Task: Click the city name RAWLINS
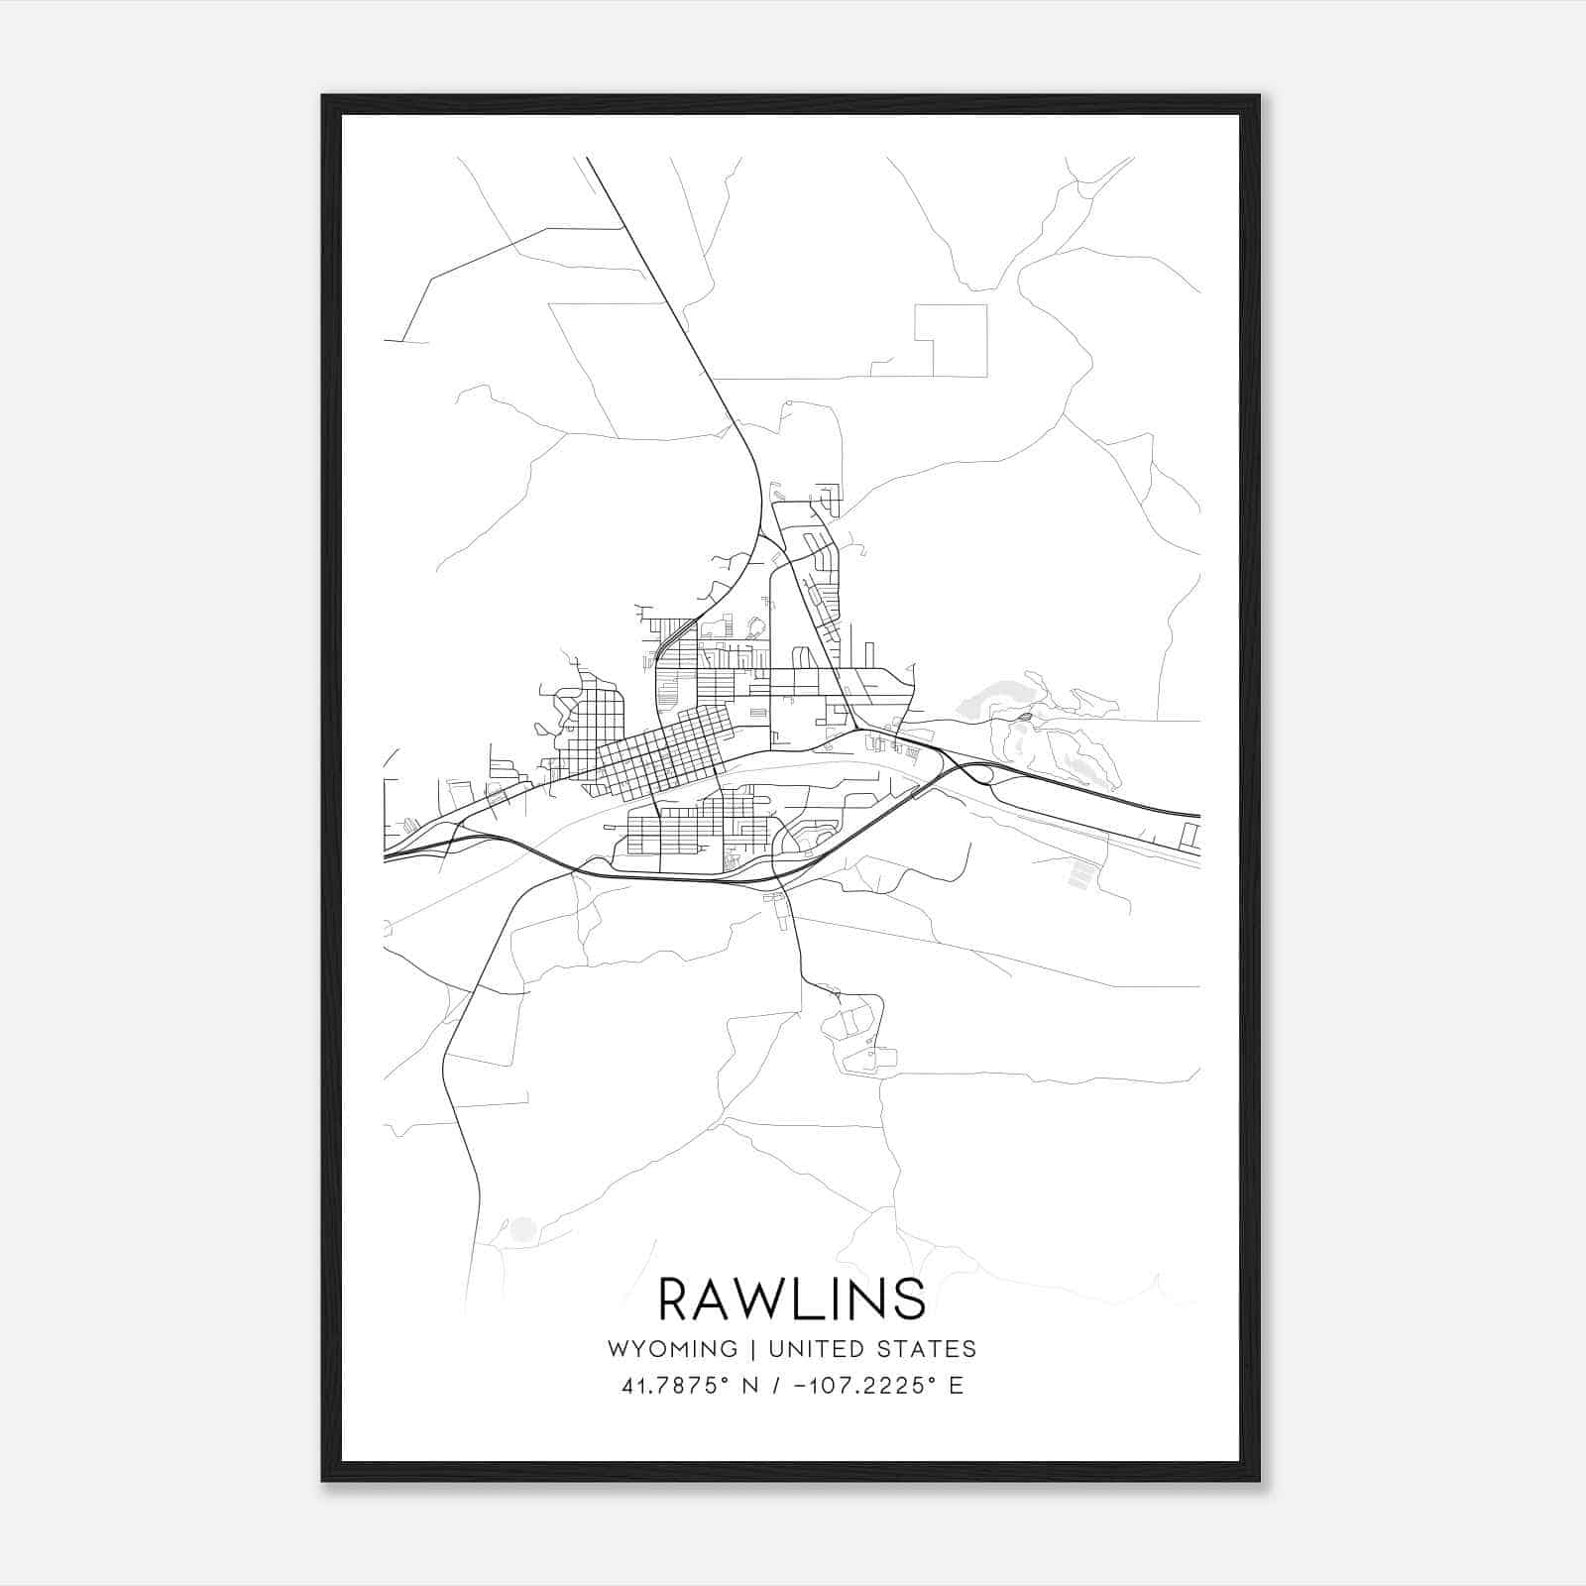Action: click(x=792, y=1300)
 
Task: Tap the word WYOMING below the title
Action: click(x=672, y=1349)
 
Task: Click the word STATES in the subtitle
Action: click(x=927, y=1349)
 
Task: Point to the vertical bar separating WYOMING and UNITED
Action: click(x=752, y=1349)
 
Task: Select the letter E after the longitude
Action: click(x=957, y=1386)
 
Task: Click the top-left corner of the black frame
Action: click(x=324, y=97)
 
